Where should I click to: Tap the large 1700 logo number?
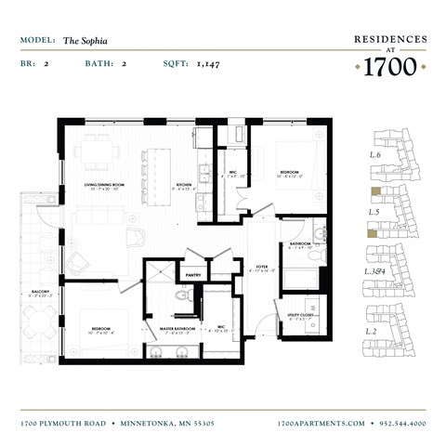[x=390, y=67]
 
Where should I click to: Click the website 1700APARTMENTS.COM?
[x=321, y=423]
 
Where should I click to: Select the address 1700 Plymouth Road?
[x=62, y=423]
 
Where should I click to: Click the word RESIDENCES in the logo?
[x=390, y=40]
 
